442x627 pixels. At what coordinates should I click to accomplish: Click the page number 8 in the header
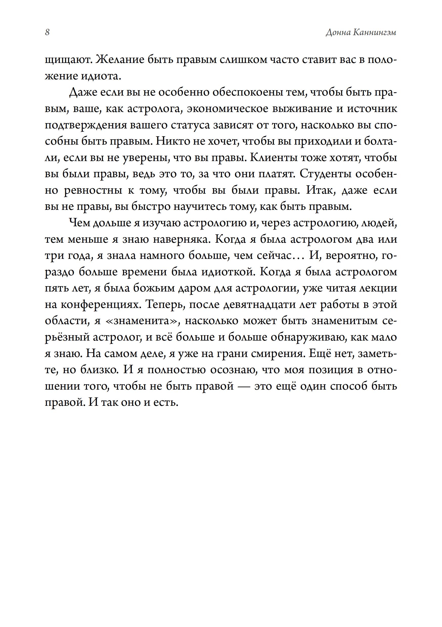[47, 33]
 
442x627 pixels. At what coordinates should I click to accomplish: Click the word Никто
[173, 142]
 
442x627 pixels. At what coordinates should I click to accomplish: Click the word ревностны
[93, 191]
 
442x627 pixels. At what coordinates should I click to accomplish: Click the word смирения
[277, 354]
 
